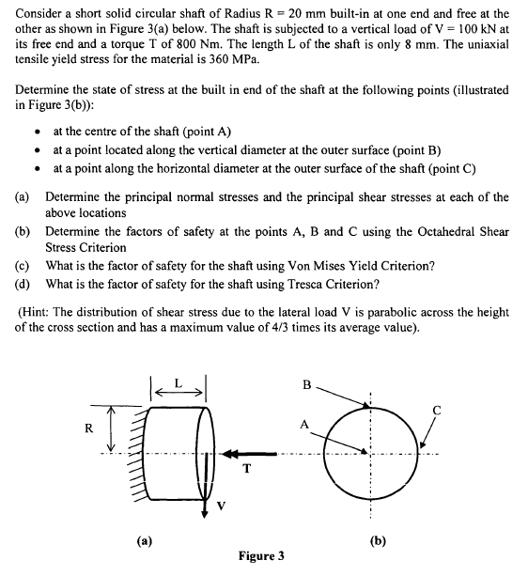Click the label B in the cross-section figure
307,385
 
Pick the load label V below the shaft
222,506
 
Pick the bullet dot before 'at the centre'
35,132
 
